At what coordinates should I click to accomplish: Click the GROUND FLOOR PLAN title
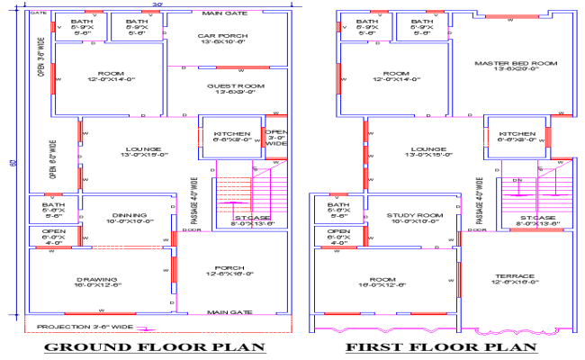click(155, 347)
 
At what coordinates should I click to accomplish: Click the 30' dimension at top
click(158, 5)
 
